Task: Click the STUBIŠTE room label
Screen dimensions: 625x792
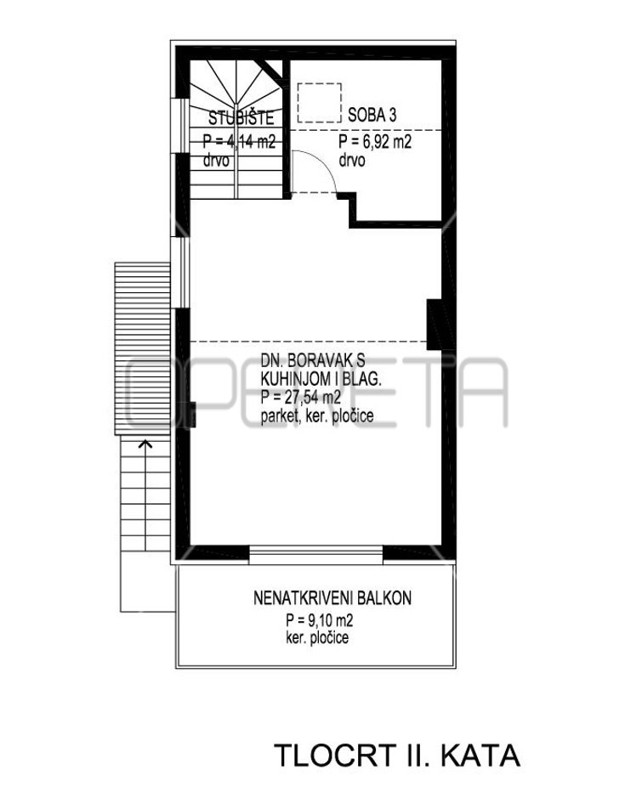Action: (241, 118)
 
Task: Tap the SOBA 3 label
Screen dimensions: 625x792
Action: (372, 116)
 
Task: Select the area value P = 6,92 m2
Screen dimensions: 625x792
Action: (375, 142)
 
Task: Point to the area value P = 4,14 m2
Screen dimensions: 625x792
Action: (239, 142)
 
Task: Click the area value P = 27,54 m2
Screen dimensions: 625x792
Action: (301, 398)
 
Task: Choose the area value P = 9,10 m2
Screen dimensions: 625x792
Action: (319, 619)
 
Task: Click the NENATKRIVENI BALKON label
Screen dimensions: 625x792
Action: (332, 598)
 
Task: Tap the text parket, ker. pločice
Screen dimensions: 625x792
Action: (317, 416)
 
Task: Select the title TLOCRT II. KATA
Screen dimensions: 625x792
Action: (397, 755)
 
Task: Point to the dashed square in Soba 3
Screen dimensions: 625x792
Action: (320, 103)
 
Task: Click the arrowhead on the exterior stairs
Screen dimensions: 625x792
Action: (145, 444)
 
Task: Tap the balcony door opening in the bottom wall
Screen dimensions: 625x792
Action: (316, 555)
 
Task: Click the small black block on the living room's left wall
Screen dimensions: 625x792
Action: (192, 415)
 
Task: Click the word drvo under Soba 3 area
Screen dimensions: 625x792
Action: (352, 161)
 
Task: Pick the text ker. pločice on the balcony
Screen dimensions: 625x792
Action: (317, 637)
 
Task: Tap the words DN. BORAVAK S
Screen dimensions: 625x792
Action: (313, 360)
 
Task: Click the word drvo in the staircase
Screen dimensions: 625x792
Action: (216, 161)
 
